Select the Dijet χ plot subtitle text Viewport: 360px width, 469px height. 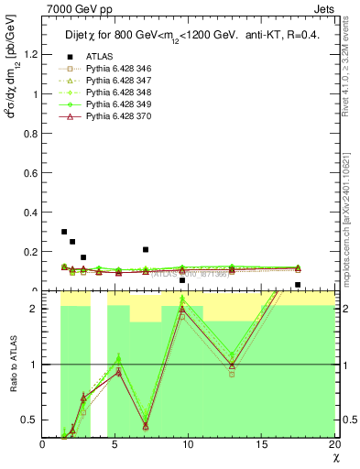pos(189,28)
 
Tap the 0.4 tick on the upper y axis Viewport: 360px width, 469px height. pos(30,213)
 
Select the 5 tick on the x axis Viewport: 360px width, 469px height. pos(115,444)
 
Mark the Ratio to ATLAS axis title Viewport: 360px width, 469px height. pos(11,366)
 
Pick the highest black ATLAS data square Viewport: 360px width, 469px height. pos(64,232)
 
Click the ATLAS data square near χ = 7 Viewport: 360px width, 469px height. pos(146,249)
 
